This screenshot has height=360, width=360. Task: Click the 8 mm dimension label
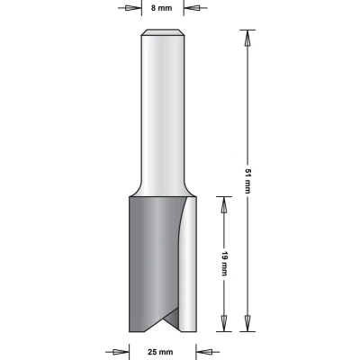click(162, 8)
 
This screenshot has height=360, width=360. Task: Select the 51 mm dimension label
click(247, 181)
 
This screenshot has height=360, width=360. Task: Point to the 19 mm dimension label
click(224, 264)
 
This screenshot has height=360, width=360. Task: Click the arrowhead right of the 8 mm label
click(193, 8)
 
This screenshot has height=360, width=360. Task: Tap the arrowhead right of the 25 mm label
click(204, 352)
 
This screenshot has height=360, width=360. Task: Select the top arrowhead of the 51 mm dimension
click(247, 38)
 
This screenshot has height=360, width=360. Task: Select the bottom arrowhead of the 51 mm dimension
click(247, 323)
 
